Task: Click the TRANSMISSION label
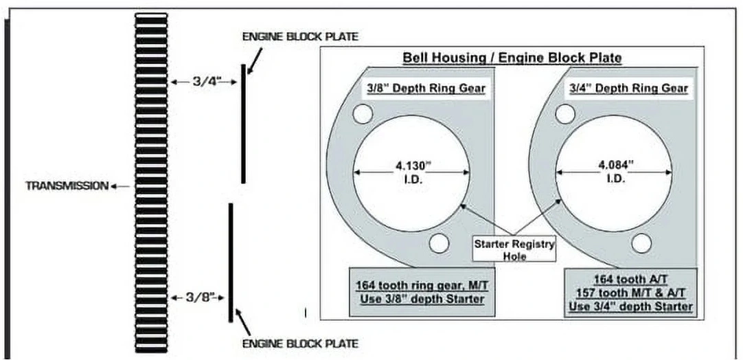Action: [67, 186]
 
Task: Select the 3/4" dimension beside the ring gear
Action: [204, 82]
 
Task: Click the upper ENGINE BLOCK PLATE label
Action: [300, 36]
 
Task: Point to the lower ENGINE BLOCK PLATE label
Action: [300, 344]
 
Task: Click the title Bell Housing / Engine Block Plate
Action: [512, 58]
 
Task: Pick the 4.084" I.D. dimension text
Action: [614, 172]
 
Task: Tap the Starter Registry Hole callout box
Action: [514, 250]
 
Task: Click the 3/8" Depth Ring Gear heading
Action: [424, 89]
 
